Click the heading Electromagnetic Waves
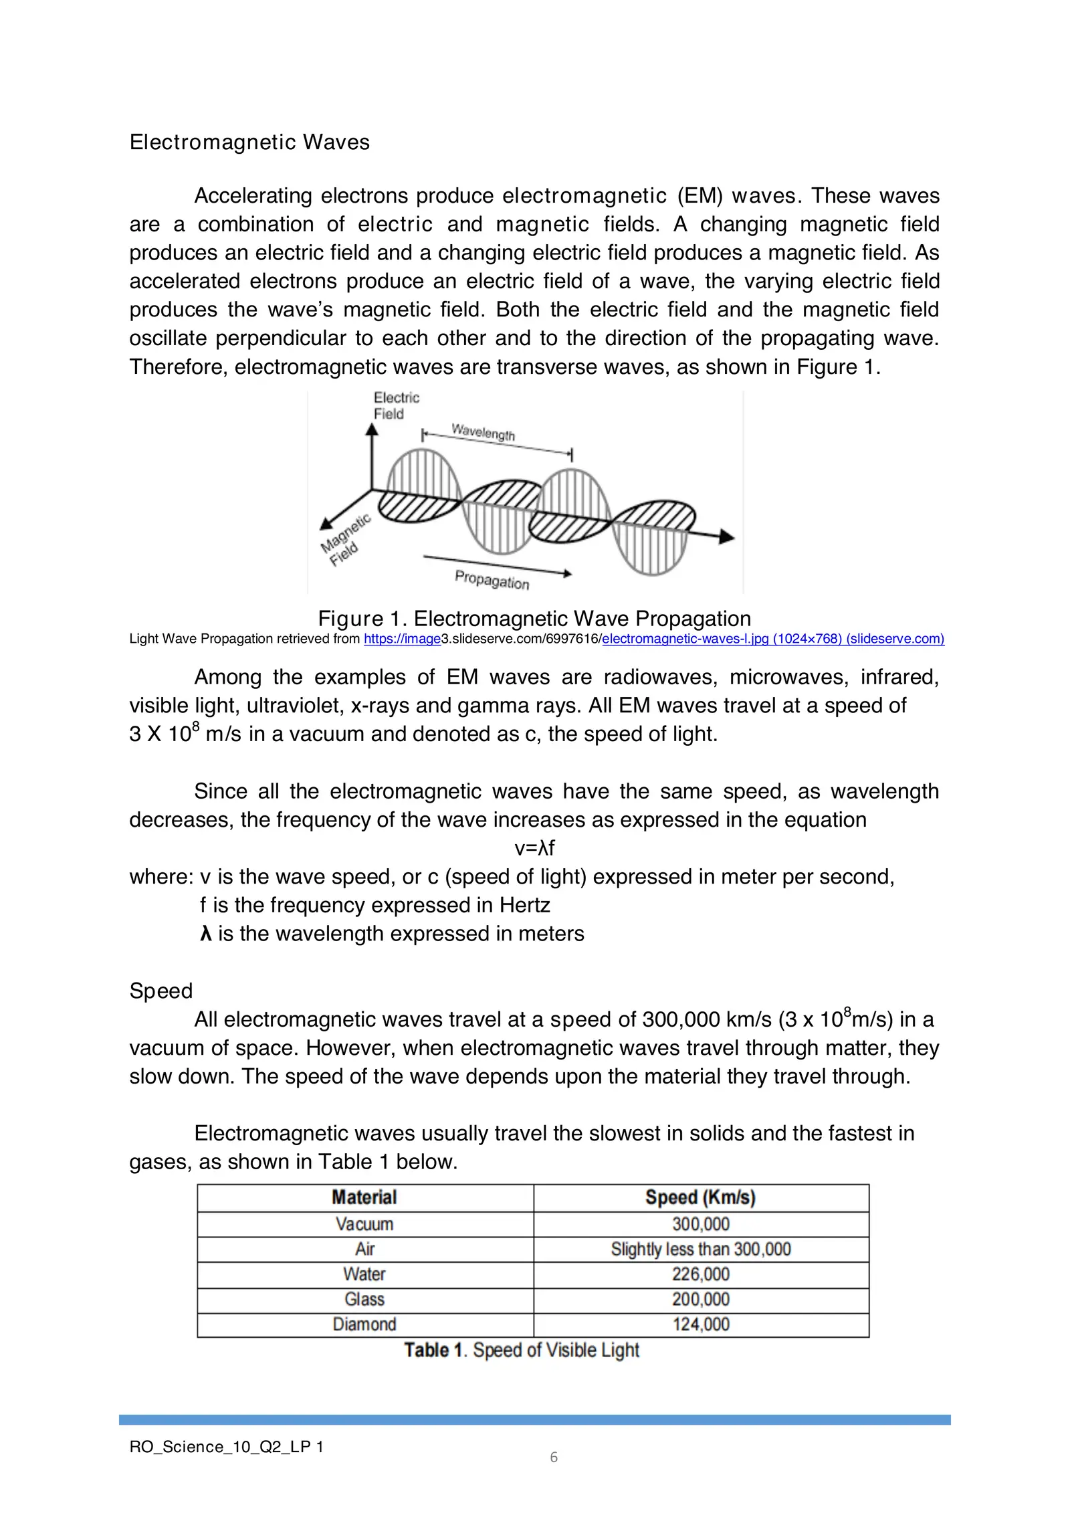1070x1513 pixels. tap(249, 142)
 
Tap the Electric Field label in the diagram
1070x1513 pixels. tap(395, 405)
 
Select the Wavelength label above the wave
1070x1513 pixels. tap(484, 431)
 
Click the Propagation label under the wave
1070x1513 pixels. tap(492, 579)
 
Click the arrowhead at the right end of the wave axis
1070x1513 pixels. tap(726, 536)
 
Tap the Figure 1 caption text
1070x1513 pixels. tap(534, 618)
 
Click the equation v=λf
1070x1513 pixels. tap(534, 848)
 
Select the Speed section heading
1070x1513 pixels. tap(161, 991)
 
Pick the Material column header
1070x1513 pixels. tap(364, 1197)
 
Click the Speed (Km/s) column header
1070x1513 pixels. tap(700, 1197)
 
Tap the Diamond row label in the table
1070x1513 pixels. tap(364, 1324)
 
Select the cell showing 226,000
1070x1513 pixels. tap(700, 1274)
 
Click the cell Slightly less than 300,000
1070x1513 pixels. tap(700, 1249)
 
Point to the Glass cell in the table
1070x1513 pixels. tap(364, 1299)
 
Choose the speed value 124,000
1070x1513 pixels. tap(700, 1324)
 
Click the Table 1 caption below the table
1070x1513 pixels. tap(522, 1350)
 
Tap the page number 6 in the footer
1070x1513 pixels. tap(554, 1457)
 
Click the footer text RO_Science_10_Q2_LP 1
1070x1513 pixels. tap(226, 1447)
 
